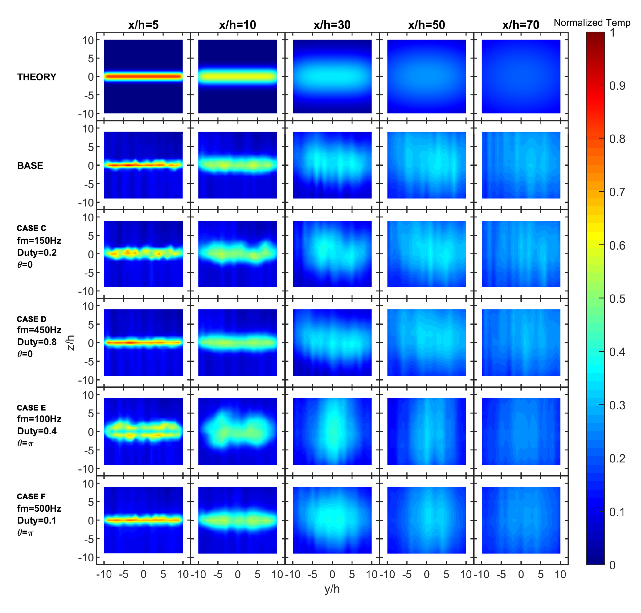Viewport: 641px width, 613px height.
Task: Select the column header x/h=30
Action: [332, 25]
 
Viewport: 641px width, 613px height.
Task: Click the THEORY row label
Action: [37, 77]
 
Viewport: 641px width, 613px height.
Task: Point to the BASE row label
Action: [30, 165]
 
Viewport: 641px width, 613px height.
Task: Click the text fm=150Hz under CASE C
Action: [39, 241]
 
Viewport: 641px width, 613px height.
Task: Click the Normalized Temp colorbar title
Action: [592, 23]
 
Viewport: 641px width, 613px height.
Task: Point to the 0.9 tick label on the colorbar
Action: [617, 86]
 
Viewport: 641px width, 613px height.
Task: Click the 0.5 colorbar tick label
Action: [617, 299]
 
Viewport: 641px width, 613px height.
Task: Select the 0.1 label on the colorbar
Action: [617, 512]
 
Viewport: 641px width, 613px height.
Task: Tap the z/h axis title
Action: [71, 342]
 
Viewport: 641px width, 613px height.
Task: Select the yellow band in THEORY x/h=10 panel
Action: [237, 77]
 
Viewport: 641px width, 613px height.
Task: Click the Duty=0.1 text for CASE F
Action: [37, 520]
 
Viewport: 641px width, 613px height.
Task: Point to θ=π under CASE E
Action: [25, 443]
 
